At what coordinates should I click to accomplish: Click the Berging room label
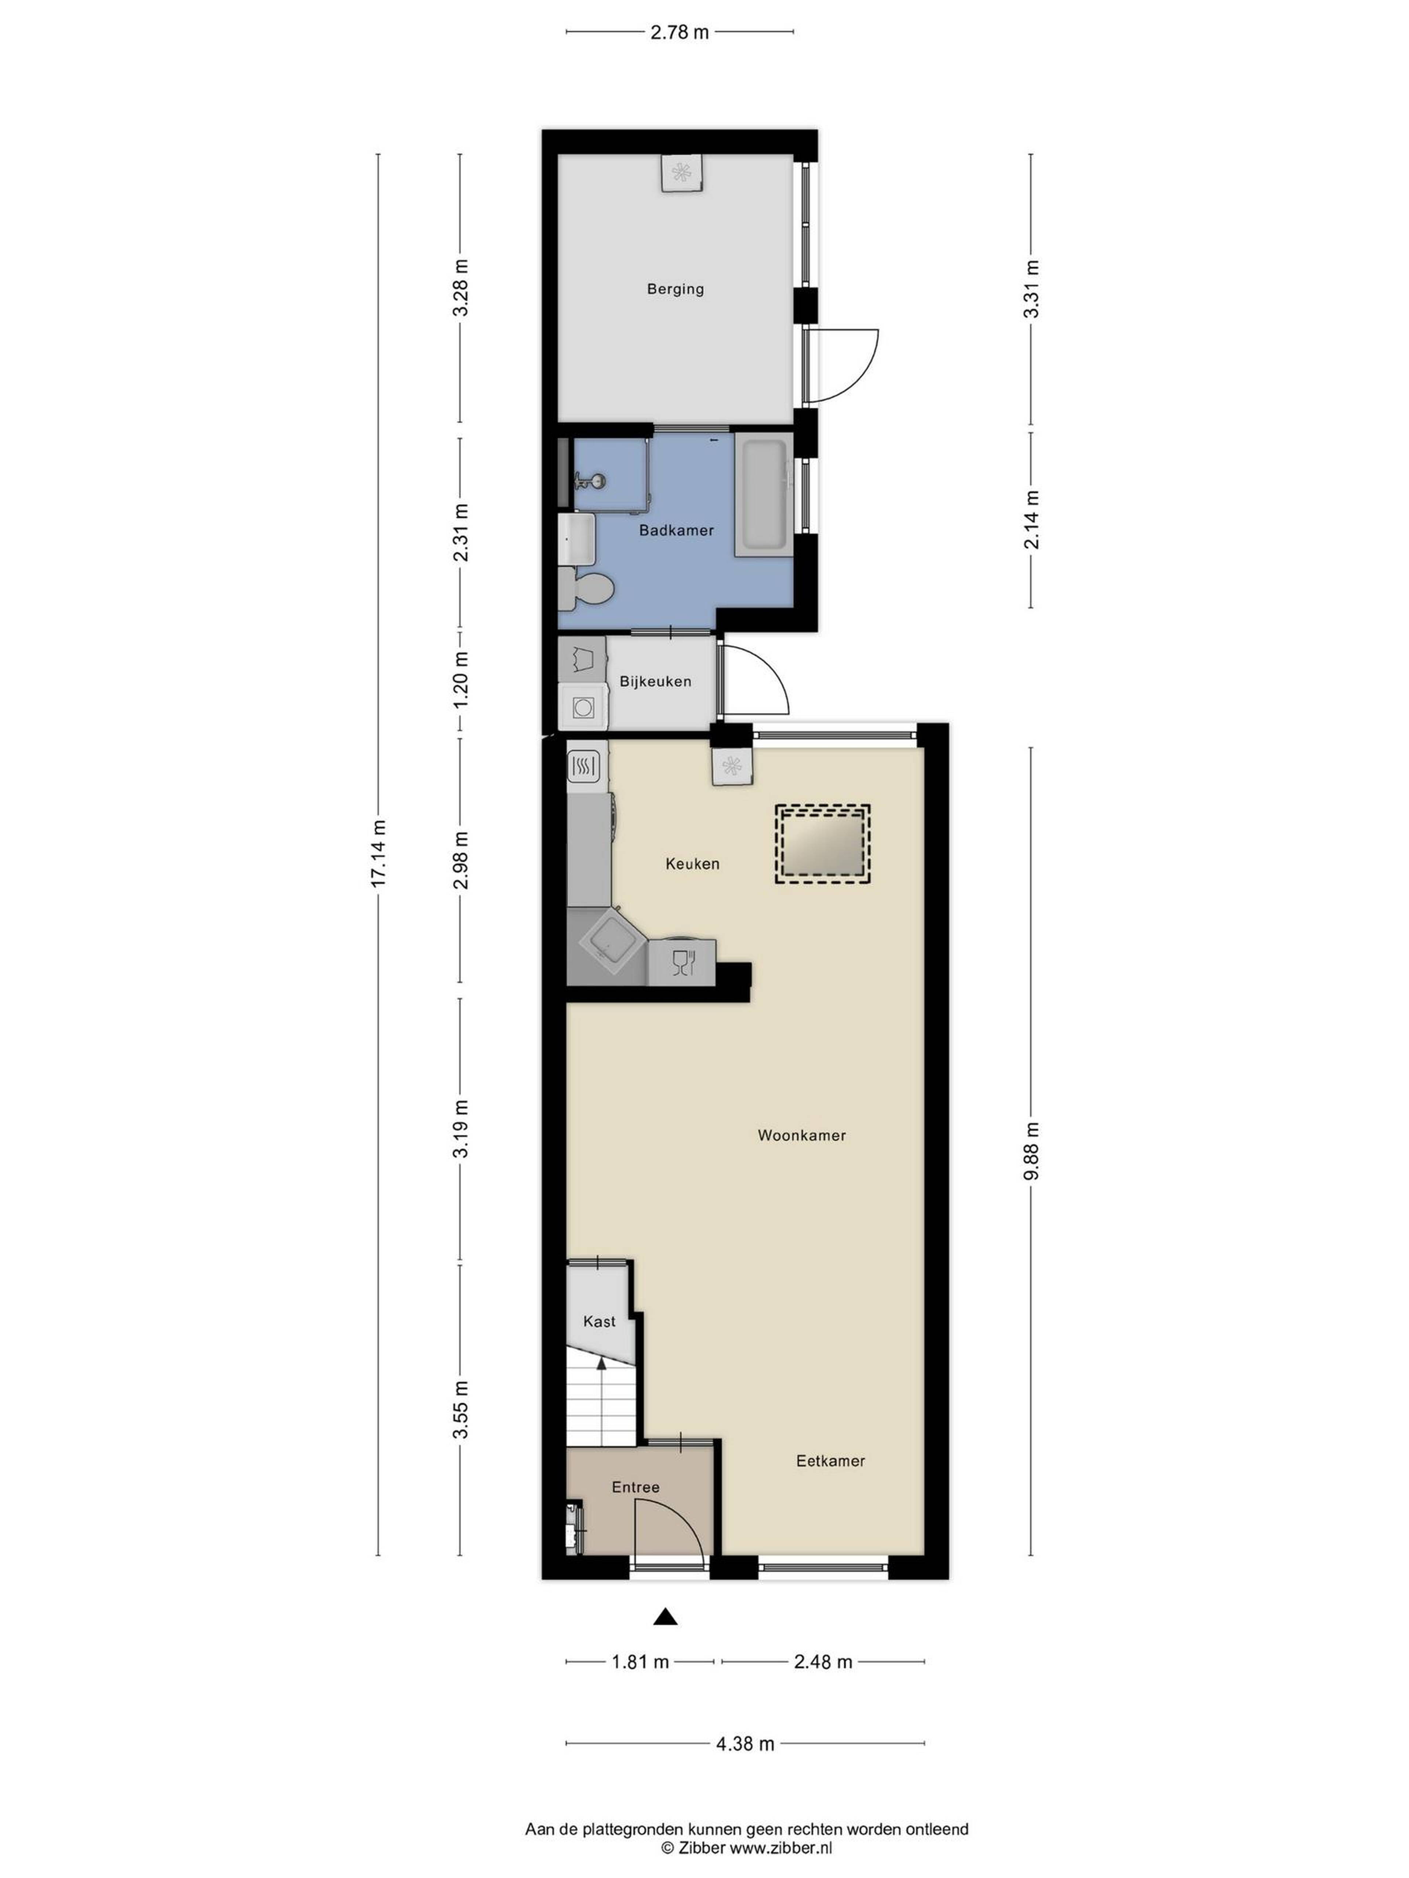click(x=675, y=289)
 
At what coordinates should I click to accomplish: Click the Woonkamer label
click(x=802, y=1135)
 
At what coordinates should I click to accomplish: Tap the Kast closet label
click(x=600, y=1321)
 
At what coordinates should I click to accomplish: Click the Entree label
click(x=635, y=1487)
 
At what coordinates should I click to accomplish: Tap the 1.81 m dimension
click(x=640, y=1662)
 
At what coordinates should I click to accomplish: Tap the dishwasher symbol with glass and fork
click(x=682, y=962)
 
